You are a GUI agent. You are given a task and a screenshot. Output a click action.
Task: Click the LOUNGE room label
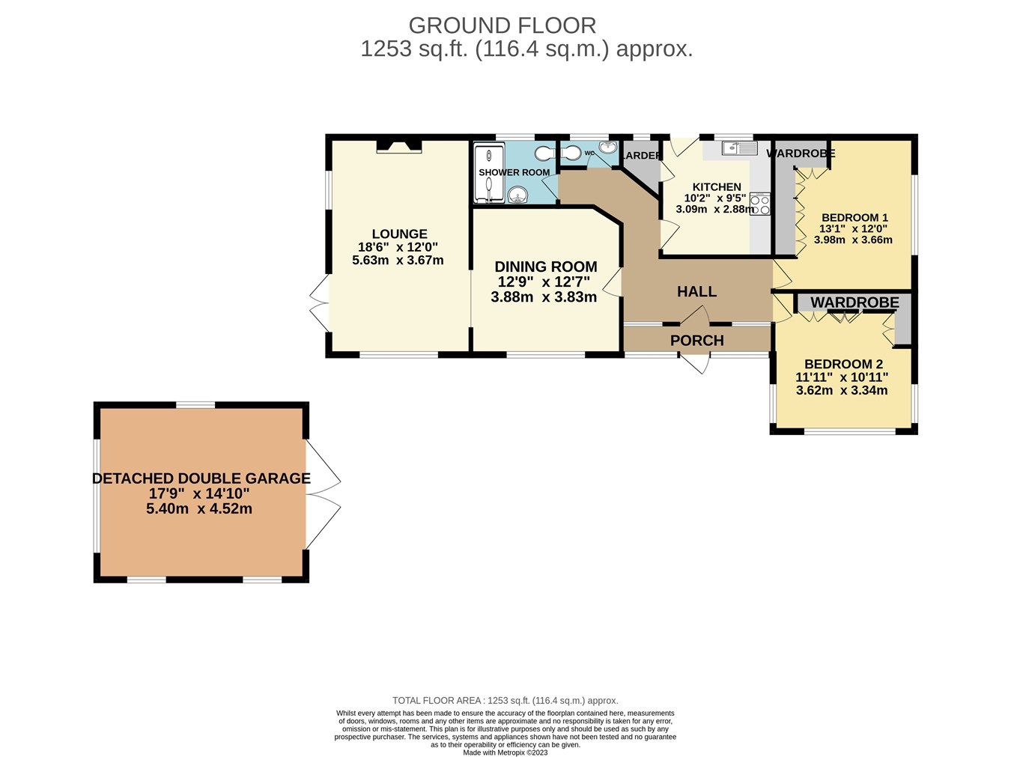pos(399,234)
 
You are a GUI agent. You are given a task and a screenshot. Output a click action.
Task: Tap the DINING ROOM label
pos(546,267)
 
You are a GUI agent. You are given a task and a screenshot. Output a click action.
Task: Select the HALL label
pos(696,292)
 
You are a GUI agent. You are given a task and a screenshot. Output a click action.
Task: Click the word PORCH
pos(696,341)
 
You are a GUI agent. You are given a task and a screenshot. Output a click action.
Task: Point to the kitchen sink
pos(739,148)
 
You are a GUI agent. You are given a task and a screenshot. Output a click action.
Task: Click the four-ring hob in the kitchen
pos(759,204)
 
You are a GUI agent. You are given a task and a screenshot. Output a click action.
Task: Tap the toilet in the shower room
pos(544,153)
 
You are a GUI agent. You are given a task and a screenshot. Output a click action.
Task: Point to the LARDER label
pos(642,156)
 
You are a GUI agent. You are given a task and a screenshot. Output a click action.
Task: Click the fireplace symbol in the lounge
pos(398,146)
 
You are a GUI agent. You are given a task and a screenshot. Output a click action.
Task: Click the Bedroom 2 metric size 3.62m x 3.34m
pos(842,390)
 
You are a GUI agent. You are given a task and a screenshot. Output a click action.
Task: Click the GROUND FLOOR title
pos(502,25)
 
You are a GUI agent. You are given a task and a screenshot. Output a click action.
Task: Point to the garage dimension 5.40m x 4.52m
pos(198,509)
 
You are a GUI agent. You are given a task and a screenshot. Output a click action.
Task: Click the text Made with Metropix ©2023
pos(506,753)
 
